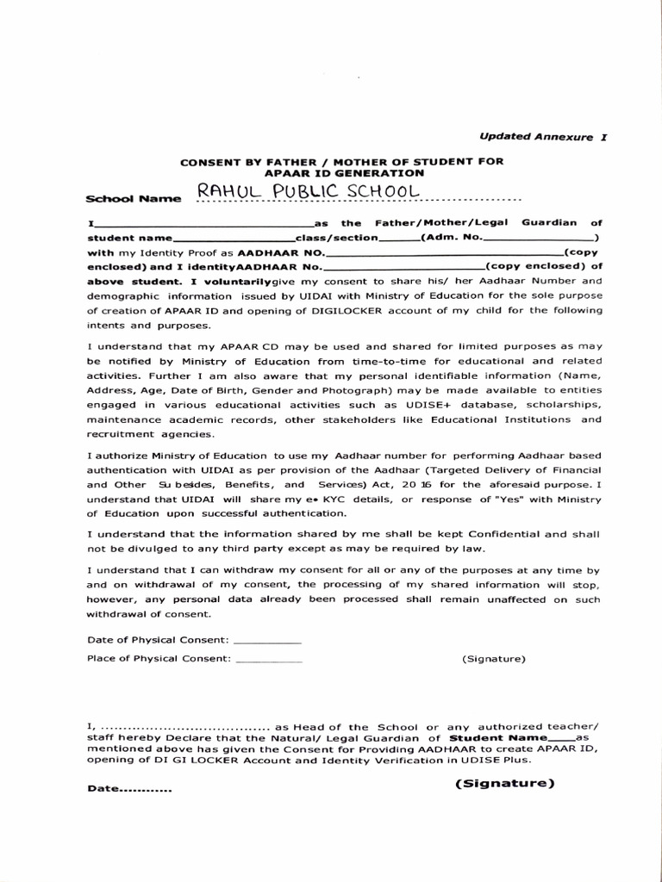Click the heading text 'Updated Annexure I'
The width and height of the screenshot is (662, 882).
click(542, 136)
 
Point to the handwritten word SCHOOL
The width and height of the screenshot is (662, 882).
click(384, 190)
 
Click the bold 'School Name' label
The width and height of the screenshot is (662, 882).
click(134, 198)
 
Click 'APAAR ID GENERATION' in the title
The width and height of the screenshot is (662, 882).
click(340, 173)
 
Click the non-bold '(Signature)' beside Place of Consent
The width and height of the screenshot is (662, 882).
click(493, 659)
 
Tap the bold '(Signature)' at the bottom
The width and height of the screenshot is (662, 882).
click(504, 783)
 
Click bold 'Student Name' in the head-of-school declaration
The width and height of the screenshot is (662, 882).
click(498, 738)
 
